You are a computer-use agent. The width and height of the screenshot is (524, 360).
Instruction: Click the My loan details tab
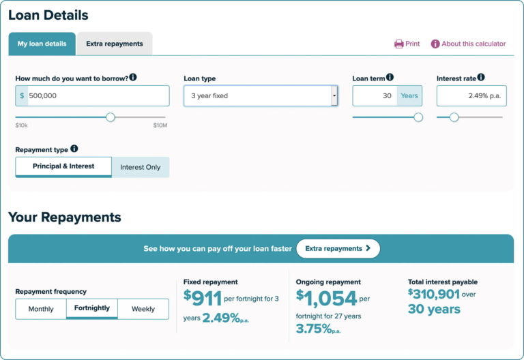42,44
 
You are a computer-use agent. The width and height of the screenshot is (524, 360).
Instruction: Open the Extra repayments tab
115,44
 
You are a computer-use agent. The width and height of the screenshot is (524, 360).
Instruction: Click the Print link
407,44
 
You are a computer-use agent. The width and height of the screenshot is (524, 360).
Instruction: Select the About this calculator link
468,44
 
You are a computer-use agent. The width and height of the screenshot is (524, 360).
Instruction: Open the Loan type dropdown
261,96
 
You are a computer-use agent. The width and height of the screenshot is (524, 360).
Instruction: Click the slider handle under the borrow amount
111,117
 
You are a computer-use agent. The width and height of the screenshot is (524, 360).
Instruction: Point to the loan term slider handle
418,117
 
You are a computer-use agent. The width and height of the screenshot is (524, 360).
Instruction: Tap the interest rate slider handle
454,117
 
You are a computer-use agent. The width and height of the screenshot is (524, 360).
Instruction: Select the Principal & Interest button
63,166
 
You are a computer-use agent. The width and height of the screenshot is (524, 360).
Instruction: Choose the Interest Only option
141,167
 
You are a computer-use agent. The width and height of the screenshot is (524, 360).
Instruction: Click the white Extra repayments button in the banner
338,249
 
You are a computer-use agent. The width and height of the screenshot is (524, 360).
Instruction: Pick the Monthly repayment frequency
41,309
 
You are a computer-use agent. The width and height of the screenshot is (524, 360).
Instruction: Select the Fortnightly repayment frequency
92,308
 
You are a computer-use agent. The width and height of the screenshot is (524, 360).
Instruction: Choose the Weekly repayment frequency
143,309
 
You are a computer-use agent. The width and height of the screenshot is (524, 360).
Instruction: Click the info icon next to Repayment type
74,149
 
